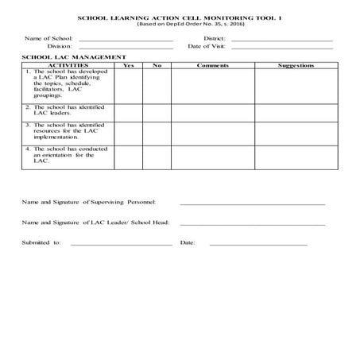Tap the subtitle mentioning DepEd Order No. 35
[180, 25]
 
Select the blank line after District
[281, 40]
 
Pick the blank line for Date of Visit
[281, 48]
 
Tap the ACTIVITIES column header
[68, 65]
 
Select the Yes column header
[129, 65]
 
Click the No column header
[157, 65]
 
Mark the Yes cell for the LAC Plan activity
[129, 85]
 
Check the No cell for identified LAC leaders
[157, 112]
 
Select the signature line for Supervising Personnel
[253, 204]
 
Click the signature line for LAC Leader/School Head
[253, 224]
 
